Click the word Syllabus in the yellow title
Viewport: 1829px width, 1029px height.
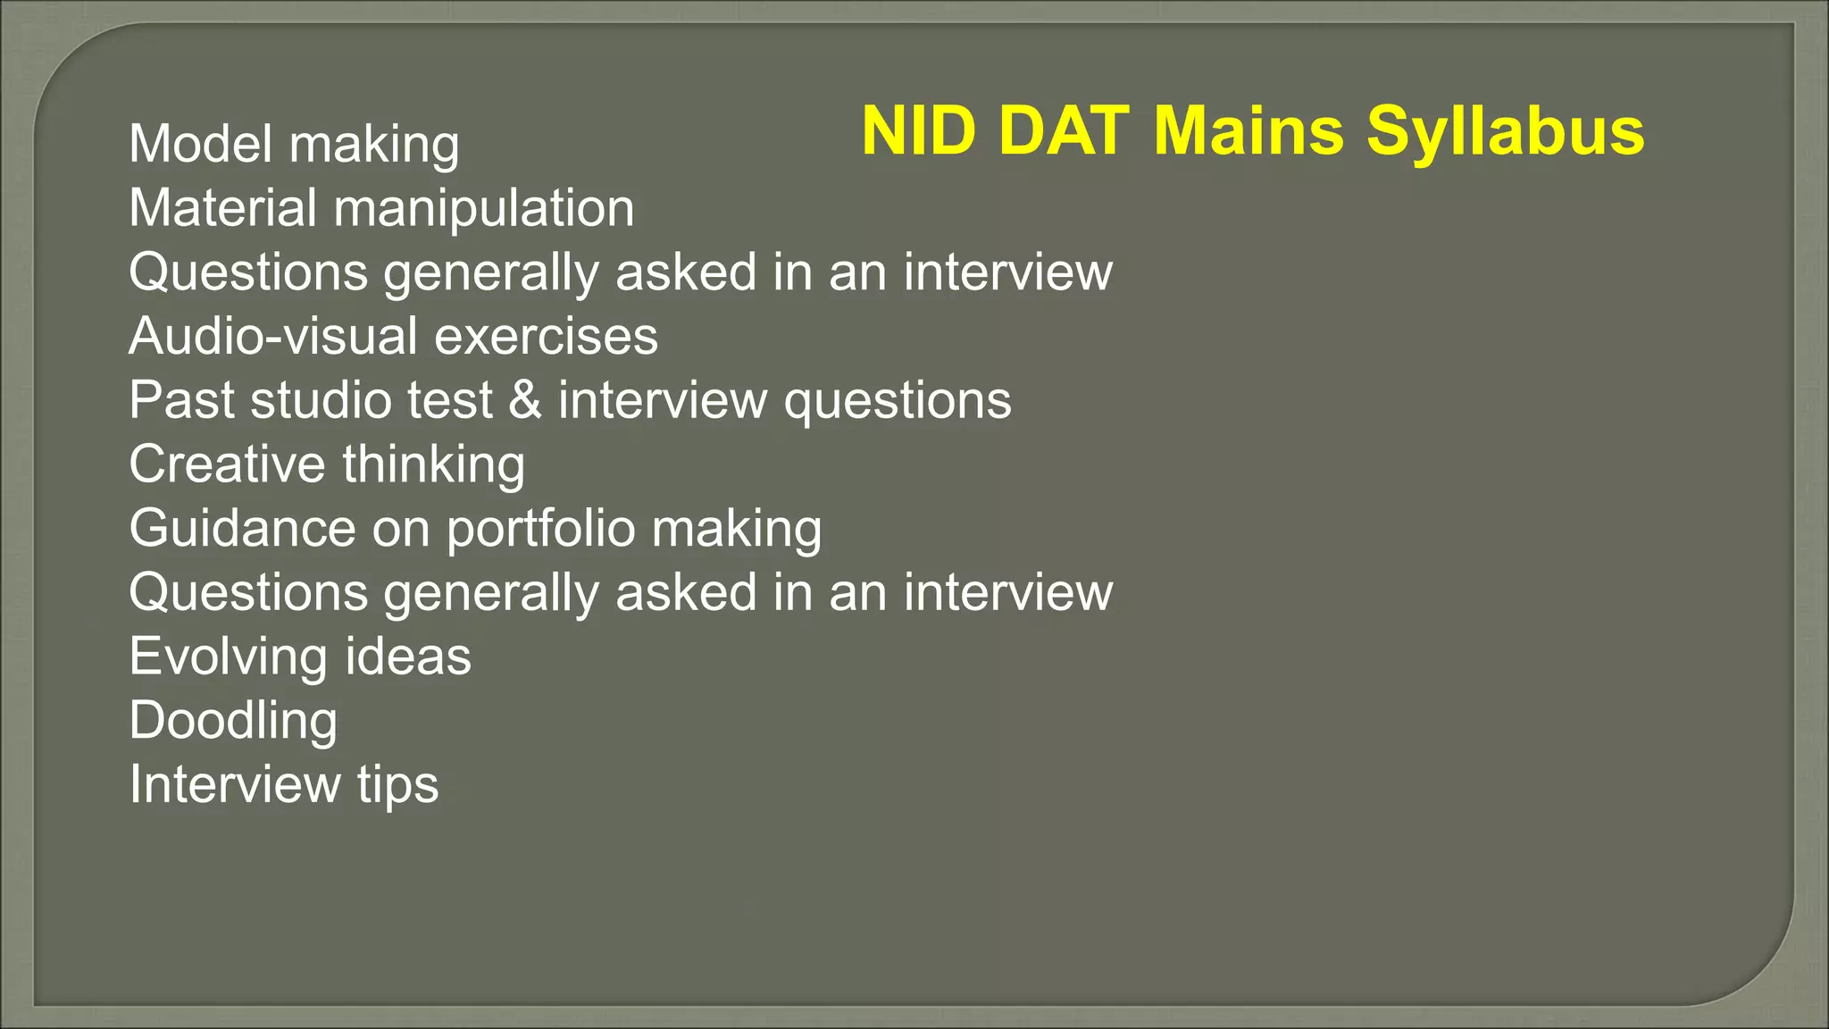[1505, 131]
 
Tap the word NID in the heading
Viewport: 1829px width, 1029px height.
[919, 131]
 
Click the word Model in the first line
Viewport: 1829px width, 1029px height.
[200, 144]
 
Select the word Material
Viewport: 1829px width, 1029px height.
[222, 208]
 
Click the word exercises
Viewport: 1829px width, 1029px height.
[546, 337]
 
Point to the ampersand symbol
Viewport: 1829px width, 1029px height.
[525, 400]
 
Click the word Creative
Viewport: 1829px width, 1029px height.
[227, 464]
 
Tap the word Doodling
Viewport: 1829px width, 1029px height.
[233, 721]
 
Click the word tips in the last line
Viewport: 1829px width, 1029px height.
[398, 785]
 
